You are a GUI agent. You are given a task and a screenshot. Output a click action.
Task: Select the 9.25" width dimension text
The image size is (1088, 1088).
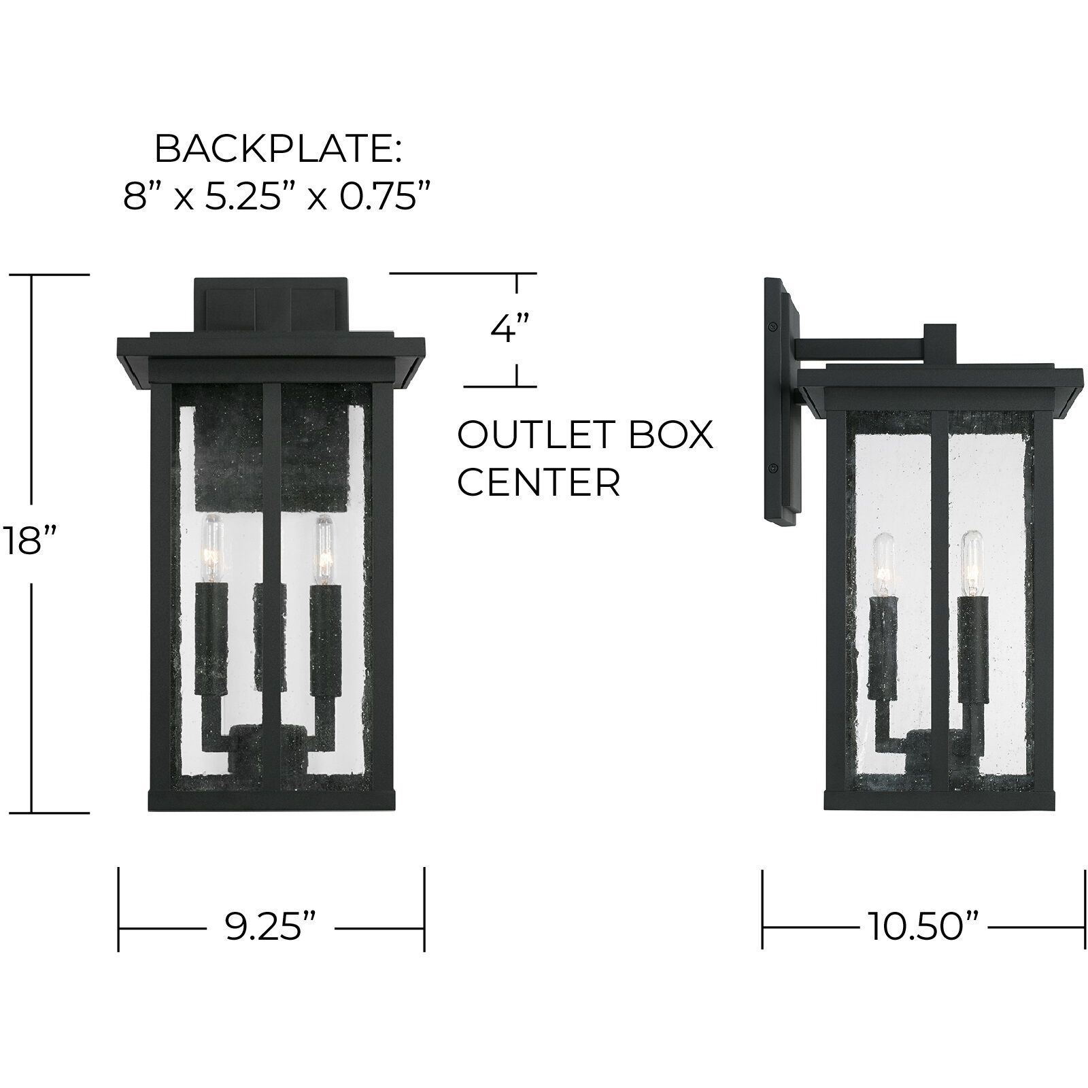coord(271,927)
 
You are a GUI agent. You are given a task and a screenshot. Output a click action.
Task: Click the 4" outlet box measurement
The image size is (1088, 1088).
coord(510,330)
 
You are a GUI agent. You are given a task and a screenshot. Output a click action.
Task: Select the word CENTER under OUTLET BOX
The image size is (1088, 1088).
coord(539,482)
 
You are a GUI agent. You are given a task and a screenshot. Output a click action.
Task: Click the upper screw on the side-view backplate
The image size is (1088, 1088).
coord(773,328)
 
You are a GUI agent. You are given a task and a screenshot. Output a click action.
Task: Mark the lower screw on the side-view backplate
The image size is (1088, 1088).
coord(773,469)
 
